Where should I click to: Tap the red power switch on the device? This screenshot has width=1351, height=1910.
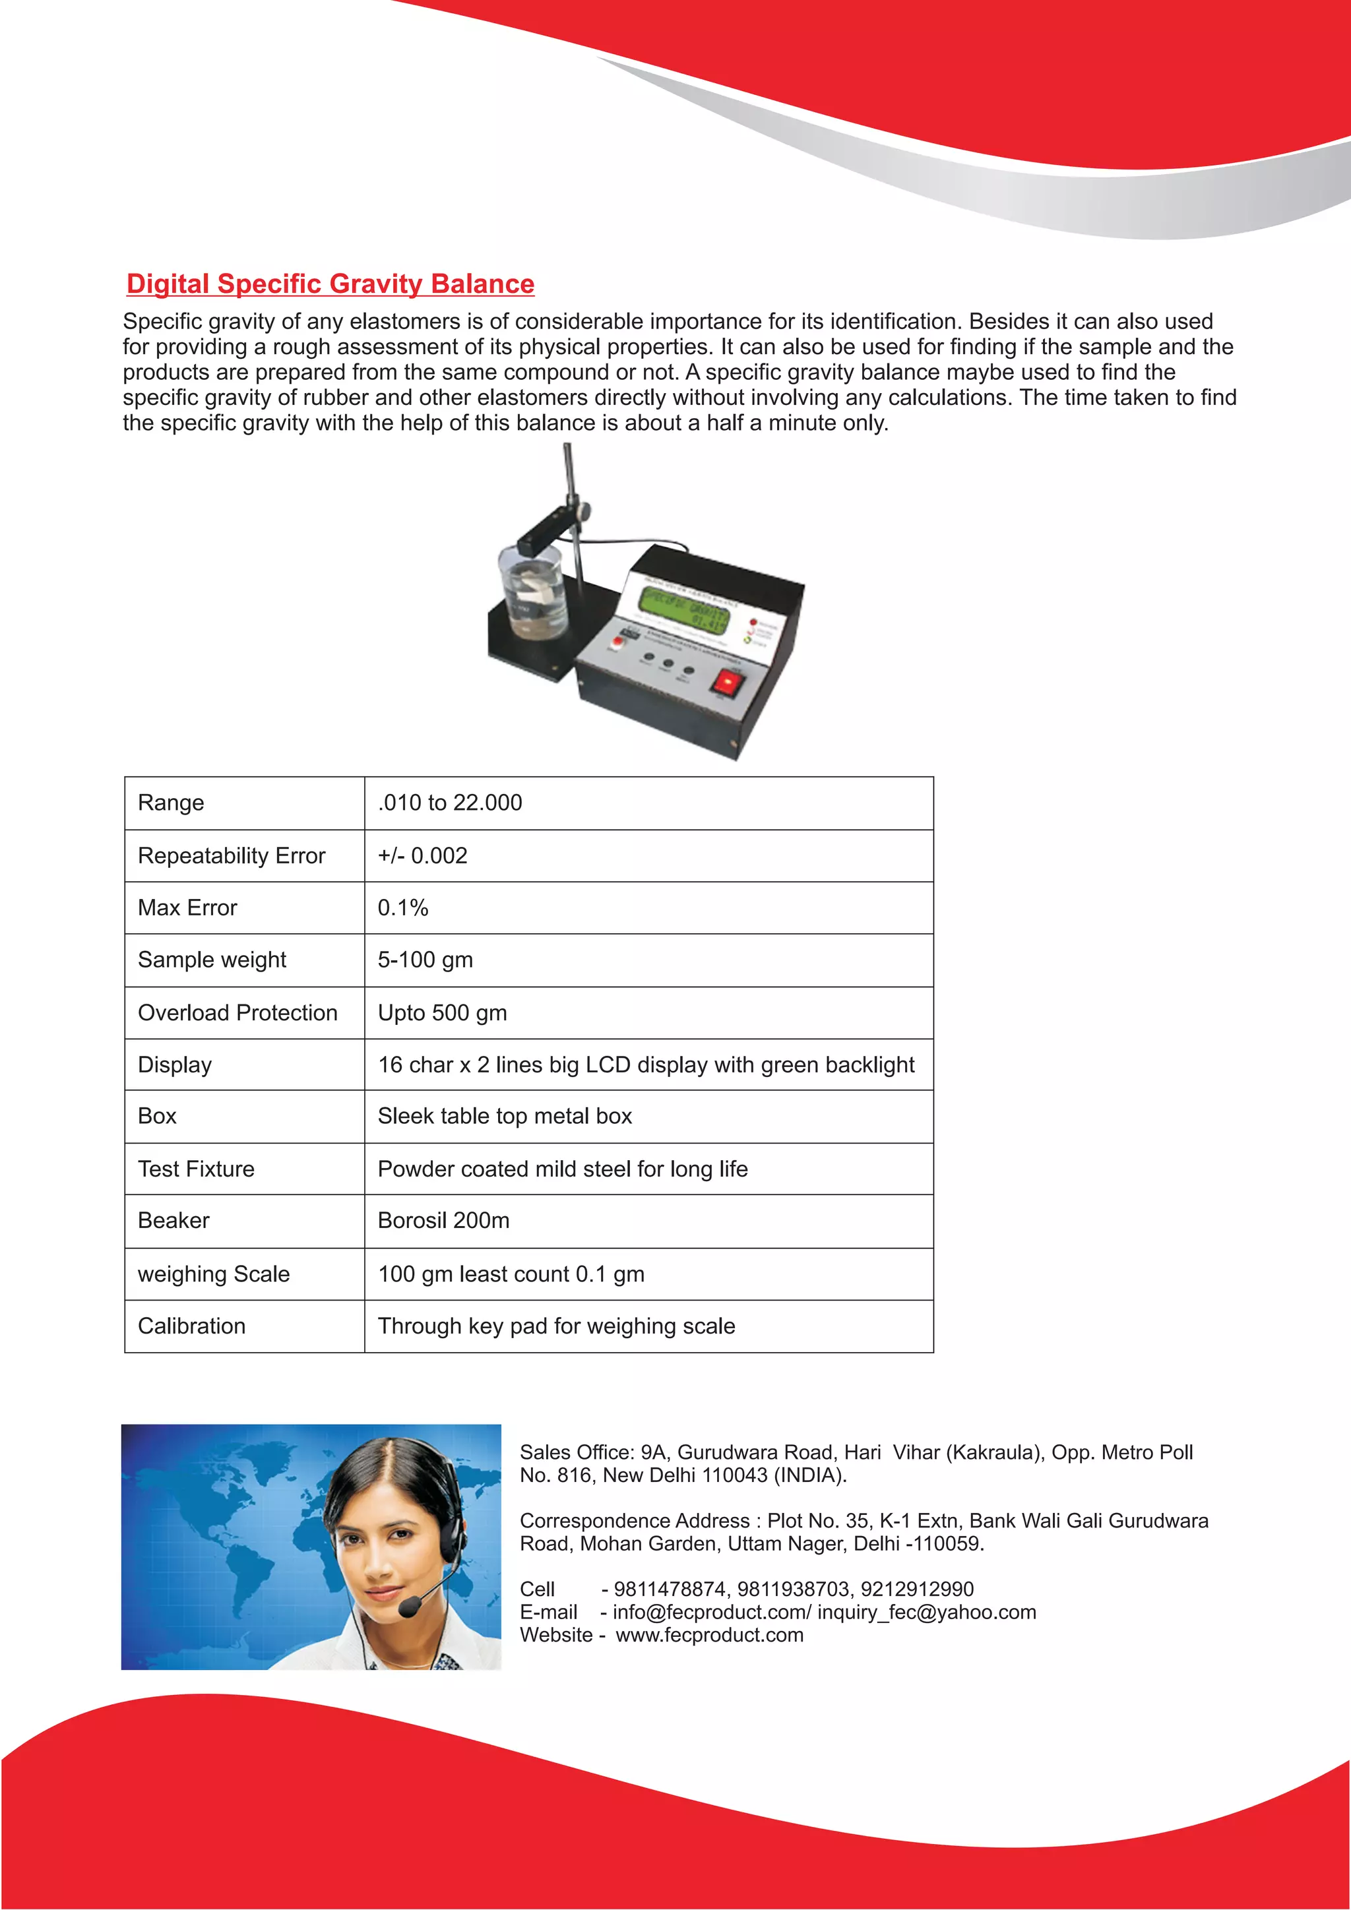pos(726,683)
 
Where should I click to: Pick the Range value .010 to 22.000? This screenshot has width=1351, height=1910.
pos(450,803)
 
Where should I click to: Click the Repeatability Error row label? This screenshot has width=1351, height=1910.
pos(232,855)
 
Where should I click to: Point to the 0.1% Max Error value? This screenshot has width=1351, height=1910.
pos(402,908)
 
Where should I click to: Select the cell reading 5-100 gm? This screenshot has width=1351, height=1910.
pos(425,960)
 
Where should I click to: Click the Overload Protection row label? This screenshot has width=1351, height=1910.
pos(237,1012)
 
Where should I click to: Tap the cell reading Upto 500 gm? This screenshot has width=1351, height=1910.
pos(442,1012)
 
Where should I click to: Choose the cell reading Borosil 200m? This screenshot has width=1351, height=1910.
pos(443,1220)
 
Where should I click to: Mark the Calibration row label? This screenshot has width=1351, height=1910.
pos(191,1326)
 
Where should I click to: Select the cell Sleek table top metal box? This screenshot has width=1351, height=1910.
pos(504,1117)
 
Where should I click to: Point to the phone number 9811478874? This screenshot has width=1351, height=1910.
pos(670,1589)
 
